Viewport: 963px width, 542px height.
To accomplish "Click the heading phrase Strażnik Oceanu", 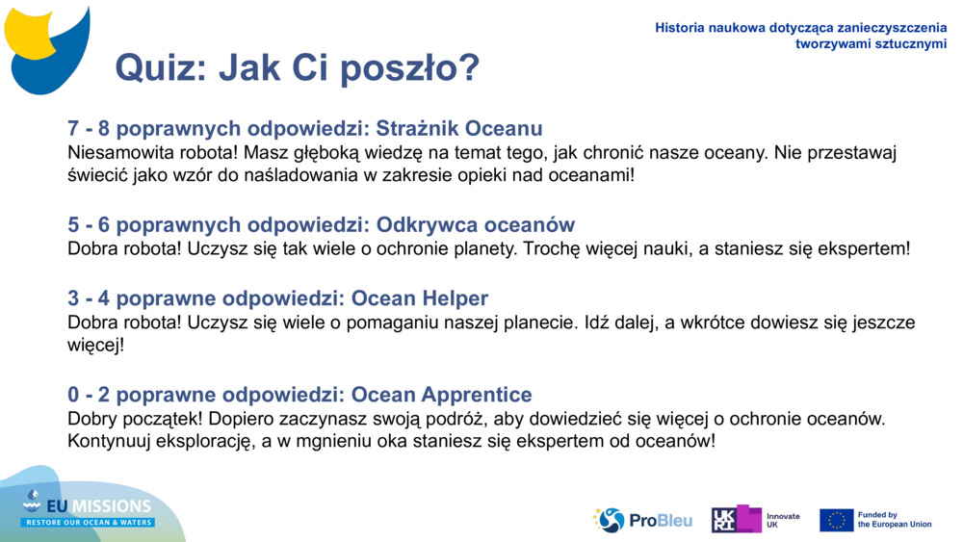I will tap(459, 129).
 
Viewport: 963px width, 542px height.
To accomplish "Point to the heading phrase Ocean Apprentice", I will tap(441, 395).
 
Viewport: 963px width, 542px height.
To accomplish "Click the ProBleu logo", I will tap(642, 520).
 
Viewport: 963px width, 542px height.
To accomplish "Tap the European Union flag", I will tap(836, 520).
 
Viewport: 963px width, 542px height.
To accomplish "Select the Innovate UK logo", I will tap(755, 520).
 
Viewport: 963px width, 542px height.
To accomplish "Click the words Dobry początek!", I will tap(131, 419).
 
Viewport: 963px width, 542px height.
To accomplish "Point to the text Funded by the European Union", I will tap(894, 520).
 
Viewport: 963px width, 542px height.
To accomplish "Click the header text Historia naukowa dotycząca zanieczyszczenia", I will tap(800, 28).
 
